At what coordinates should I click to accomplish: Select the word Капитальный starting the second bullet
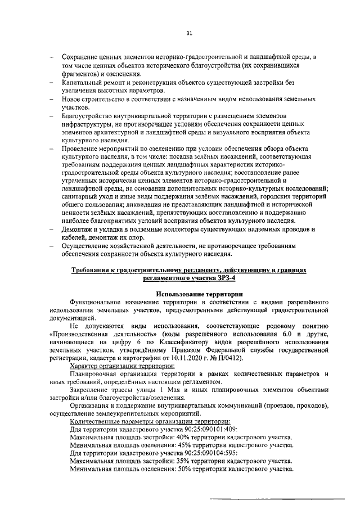(x=82, y=82)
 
